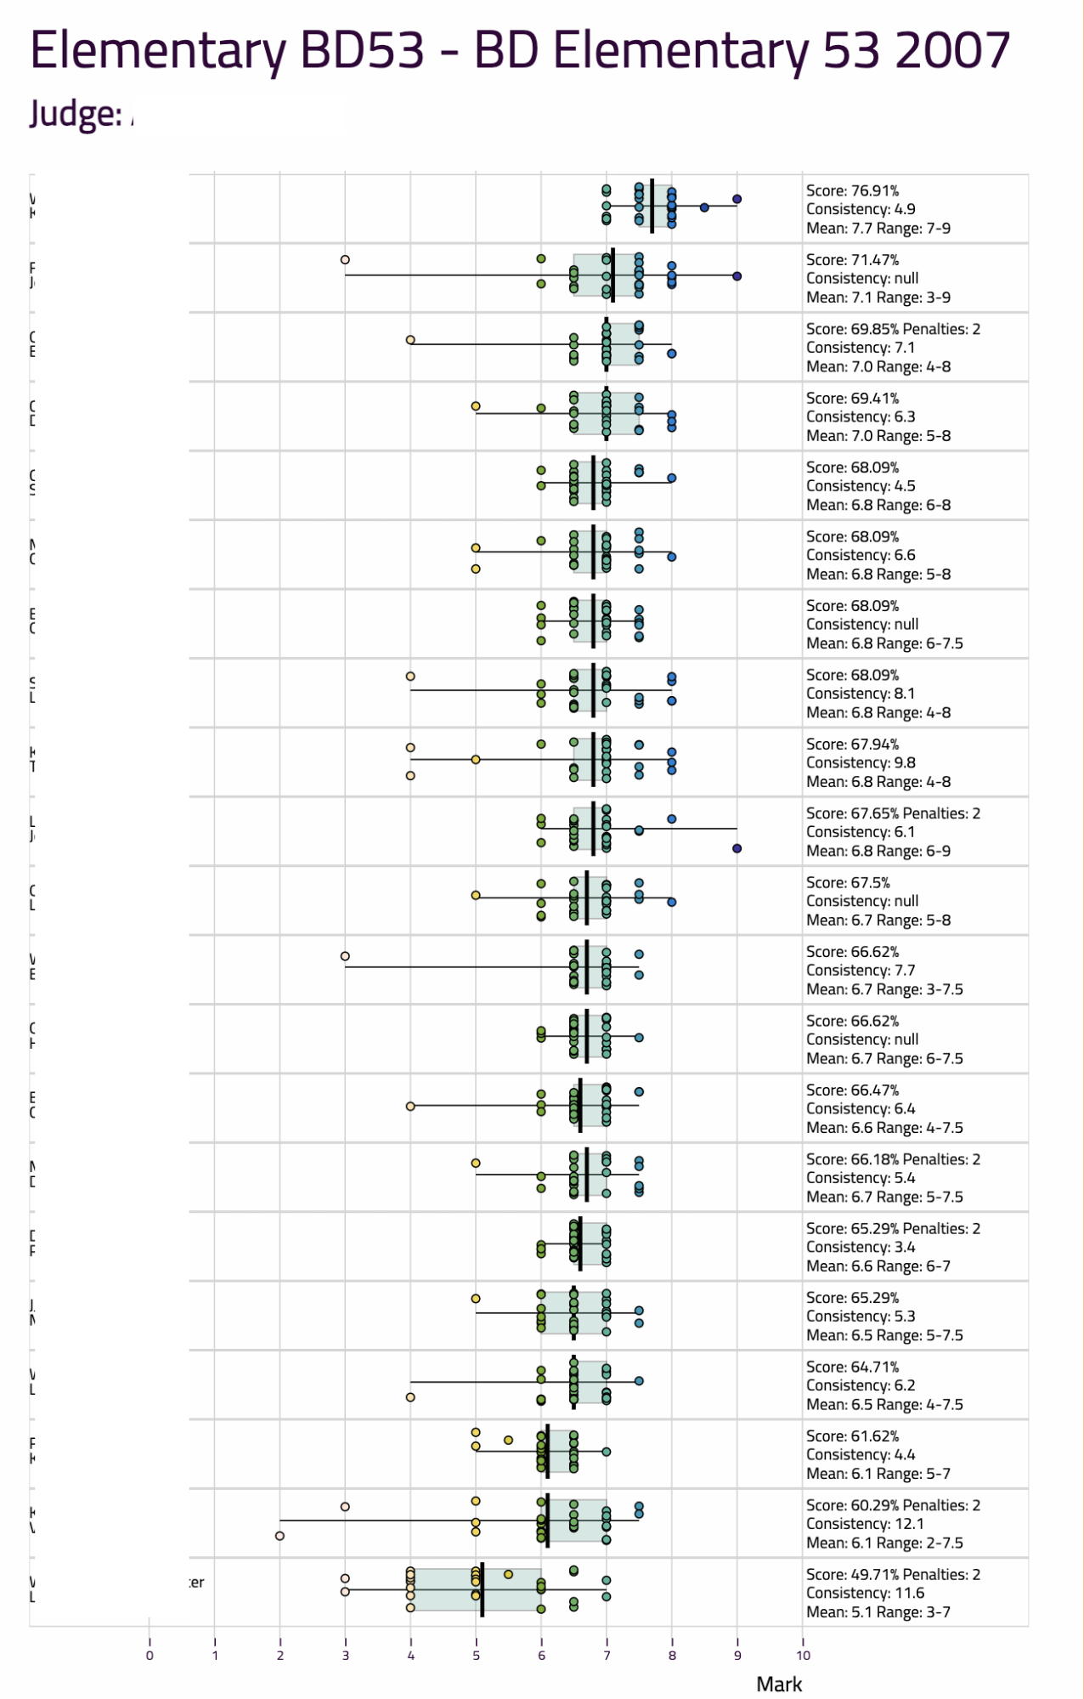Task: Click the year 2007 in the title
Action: [x=952, y=50]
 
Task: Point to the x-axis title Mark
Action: [x=779, y=1684]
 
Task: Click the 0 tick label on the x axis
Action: [x=150, y=1655]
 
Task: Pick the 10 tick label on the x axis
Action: [x=803, y=1655]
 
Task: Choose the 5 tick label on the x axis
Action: [x=476, y=1655]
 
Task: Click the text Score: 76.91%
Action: [x=852, y=190]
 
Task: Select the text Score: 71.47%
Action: [x=852, y=259]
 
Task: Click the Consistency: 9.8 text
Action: [x=861, y=762]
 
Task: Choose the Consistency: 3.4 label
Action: [x=861, y=1247]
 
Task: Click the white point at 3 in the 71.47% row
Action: [x=345, y=259]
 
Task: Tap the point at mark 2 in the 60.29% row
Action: [x=279, y=1536]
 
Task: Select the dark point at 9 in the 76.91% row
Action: [x=737, y=199]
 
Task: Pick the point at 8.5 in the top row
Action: [x=704, y=207]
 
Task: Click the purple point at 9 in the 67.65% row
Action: [x=737, y=848]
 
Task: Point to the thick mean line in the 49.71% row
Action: [x=482, y=1589]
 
